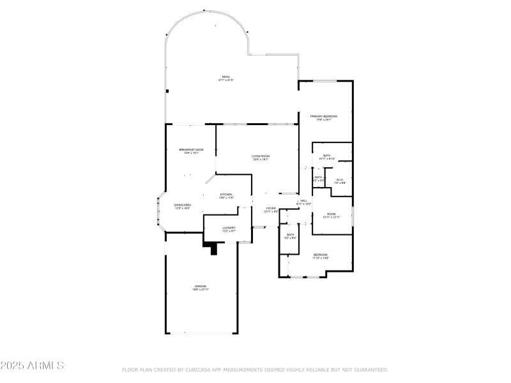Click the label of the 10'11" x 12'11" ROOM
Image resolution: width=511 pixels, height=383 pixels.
[332, 215]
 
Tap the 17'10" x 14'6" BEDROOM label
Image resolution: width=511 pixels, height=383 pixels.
[320, 256]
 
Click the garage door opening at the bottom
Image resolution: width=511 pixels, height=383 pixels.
[201, 333]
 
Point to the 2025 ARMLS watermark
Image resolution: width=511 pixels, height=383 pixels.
[32, 366]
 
